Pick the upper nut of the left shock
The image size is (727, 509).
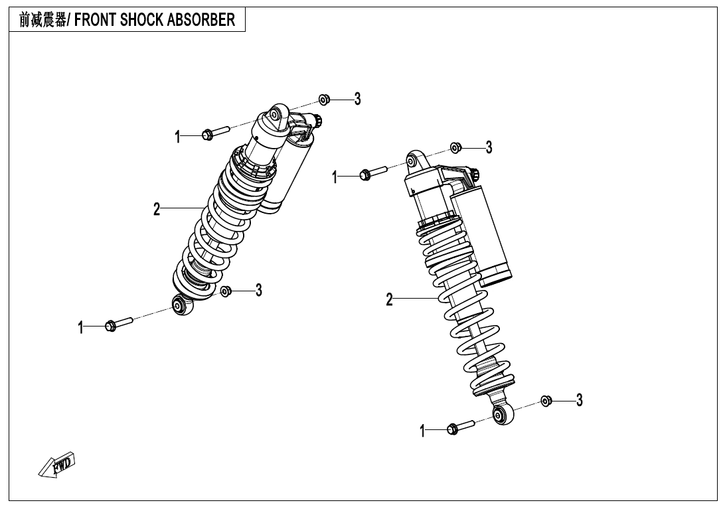click(x=324, y=100)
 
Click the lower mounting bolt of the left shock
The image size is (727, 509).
click(x=119, y=324)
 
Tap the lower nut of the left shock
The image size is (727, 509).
click(x=225, y=291)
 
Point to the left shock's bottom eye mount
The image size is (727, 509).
click(x=181, y=305)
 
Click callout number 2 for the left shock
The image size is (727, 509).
click(x=157, y=210)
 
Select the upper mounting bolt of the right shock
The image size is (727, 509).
click(x=372, y=174)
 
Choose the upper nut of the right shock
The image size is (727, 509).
click(x=455, y=147)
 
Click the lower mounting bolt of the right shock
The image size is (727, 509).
click(x=459, y=427)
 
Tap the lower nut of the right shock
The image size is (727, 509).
click(x=546, y=400)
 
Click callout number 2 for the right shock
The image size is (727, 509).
click(x=390, y=300)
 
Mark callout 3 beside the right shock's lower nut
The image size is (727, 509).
click(x=579, y=400)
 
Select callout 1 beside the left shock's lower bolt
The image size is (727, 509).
click(x=82, y=327)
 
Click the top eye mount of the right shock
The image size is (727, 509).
click(x=412, y=161)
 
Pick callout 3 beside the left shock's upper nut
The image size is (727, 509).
click(x=357, y=100)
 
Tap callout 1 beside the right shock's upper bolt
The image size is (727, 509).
click(x=335, y=177)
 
